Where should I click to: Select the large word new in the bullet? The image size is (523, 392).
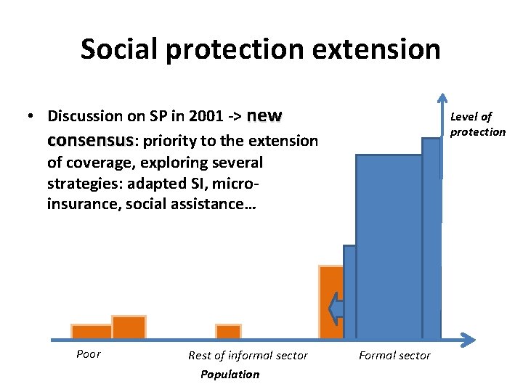(x=264, y=115)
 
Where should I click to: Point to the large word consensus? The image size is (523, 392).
(x=90, y=139)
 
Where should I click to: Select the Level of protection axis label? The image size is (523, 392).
(x=477, y=124)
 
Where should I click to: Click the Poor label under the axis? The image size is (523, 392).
(x=88, y=354)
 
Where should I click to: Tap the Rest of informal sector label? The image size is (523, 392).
(x=248, y=355)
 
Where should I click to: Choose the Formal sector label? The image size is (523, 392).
(x=394, y=355)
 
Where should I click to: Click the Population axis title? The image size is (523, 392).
(x=230, y=374)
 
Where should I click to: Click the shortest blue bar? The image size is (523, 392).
(x=349, y=292)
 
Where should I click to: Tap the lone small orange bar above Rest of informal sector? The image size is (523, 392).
(x=228, y=332)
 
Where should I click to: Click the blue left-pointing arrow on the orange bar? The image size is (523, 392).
(x=336, y=309)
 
